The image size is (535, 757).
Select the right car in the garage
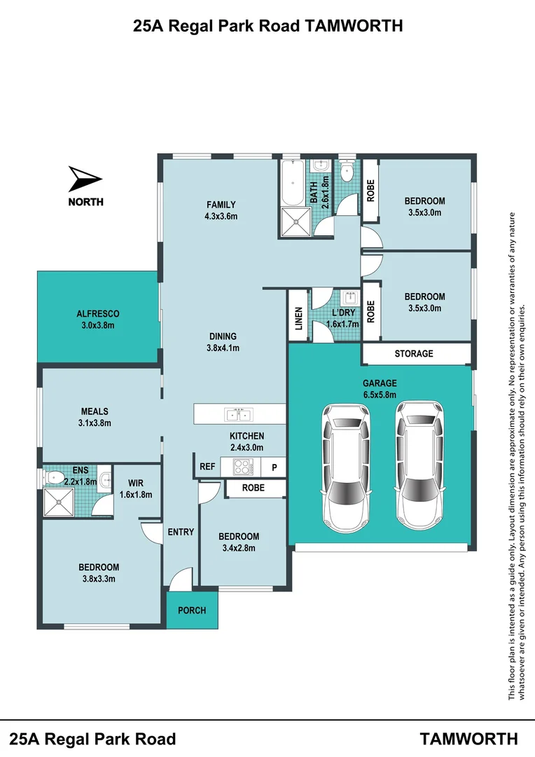tap(418, 465)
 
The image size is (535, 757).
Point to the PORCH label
tap(192, 610)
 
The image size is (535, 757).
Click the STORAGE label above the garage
tap(414, 354)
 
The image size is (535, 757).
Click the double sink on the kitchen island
tap(239, 414)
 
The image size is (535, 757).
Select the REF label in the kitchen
tap(207, 467)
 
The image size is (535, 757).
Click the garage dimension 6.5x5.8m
tap(380, 395)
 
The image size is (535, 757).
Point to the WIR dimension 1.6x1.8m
tap(136, 494)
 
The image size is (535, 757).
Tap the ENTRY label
tap(181, 532)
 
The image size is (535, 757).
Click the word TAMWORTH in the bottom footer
tap(469, 738)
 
